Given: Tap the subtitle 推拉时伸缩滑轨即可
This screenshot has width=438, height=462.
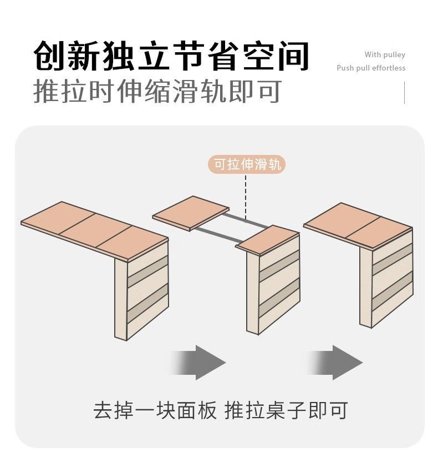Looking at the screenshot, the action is coord(157,91).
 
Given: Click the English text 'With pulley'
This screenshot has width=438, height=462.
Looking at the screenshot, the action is coord(385,54).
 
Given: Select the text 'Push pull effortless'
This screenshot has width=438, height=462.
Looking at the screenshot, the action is coord(371,68).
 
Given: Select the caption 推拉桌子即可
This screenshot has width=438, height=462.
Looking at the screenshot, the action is coord(286,410).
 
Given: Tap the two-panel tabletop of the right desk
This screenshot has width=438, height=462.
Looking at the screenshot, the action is coord(358,225).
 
